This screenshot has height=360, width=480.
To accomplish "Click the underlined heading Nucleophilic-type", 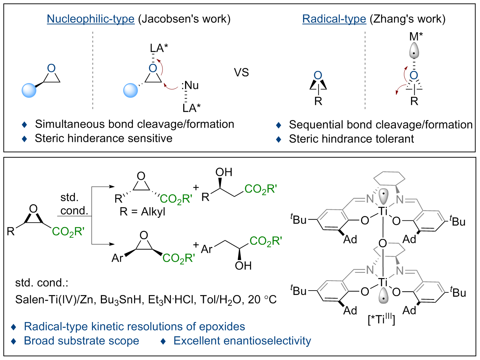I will [x=90, y=19].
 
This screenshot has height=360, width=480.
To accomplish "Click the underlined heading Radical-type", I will [x=334, y=19].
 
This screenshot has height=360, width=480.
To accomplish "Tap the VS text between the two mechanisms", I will [x=241, y=72].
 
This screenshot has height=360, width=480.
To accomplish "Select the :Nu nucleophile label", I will [x=190, y=86].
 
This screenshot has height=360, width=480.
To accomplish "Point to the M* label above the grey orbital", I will [x=416, y=37].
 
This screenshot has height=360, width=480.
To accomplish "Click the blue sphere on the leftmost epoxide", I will [x=29, y=90].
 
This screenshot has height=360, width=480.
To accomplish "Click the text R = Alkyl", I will [x=143, y=212].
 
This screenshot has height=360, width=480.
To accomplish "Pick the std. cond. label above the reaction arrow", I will [x=74, y=204].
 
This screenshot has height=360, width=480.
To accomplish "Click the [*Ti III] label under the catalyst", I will [x=381, y=319].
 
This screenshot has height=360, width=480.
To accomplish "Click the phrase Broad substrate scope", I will [x=81, y=341].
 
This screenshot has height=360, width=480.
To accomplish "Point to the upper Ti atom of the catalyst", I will [x=383, y=211].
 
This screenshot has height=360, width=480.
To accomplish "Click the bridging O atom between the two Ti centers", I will [x=383, y=244].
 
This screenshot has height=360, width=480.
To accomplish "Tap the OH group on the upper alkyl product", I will [x=224, y=172].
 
